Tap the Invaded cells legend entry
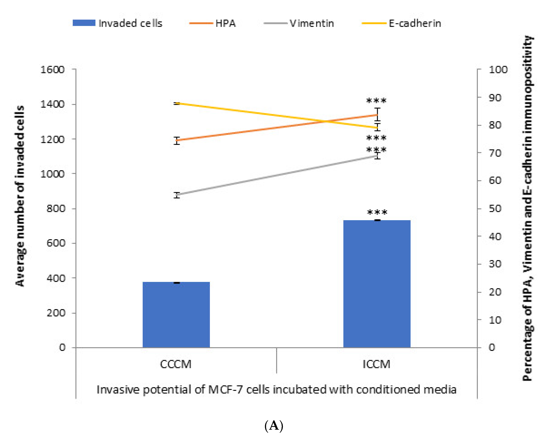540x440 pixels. pos(117,23)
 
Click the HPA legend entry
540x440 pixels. pos(212,23)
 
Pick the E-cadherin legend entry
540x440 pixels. pos(401,23)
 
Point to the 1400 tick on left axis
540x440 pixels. pos(52,104)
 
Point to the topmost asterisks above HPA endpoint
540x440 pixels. pos(376,101)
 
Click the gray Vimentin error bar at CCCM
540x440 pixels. pos(177,195)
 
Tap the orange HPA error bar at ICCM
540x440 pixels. pos(377,115)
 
